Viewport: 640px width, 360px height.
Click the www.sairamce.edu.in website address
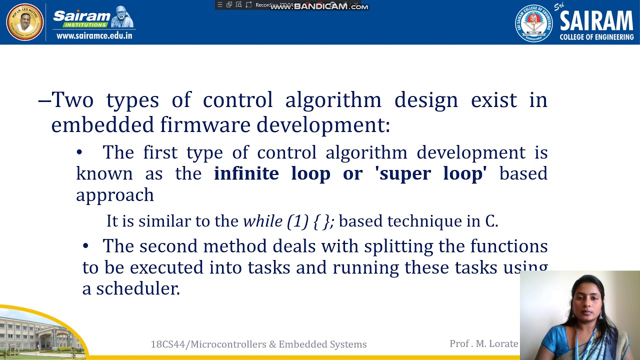click(x=94, y=35)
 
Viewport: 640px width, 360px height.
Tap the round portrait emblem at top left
click(x=24, y=22)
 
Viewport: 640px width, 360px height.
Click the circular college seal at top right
click(x=533, y=23)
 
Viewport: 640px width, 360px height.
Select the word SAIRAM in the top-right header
click(x=596, y=21)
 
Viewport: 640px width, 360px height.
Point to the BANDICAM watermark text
click(x=320, y=6)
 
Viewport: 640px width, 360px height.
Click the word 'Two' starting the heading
click(x=72, y=100)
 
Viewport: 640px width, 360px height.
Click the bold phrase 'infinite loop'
click(x=272, y=173)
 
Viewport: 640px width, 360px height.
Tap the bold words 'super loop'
click(x=432, y=173)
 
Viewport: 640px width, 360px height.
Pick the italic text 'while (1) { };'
click(x=288, y=221)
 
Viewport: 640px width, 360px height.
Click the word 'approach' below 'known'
click(x=115, y=195)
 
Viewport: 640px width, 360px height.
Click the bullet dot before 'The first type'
click(x=79, y=152)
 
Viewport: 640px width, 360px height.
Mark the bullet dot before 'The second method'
click(x=85, y=246)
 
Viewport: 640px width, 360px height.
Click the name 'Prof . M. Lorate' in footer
click(x=483, y=343)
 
